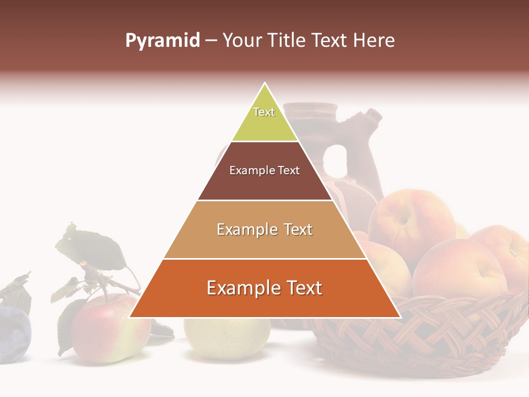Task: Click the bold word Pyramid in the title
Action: [x=163, y=41]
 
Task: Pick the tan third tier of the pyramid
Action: [x=264, y=243]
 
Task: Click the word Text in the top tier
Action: [x=264, y=112]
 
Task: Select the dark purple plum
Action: [x=14, y=334]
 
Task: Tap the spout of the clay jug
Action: [x=372, y=117]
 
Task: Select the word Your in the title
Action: [x=241, y=41]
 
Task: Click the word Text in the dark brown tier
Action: [x=289, y=170]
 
